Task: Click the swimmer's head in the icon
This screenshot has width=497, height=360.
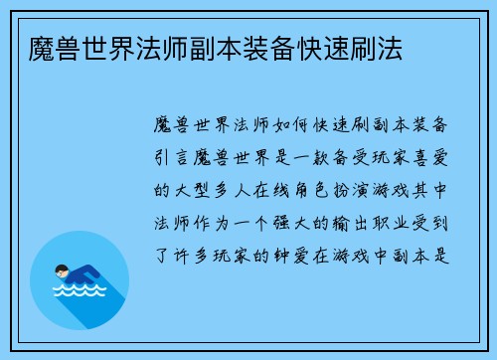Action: [x=63, y=269]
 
